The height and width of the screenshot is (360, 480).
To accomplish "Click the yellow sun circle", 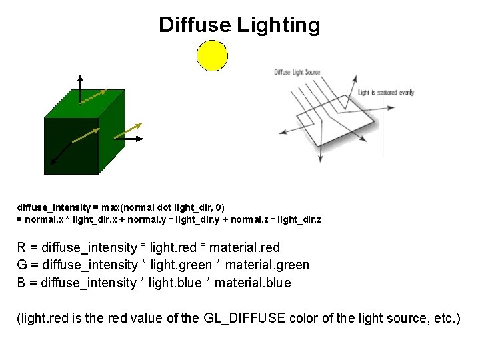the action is click(212, 55).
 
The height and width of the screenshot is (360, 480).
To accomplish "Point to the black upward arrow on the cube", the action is click(80, 87).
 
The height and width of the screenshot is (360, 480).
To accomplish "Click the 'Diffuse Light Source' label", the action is click(297, 72).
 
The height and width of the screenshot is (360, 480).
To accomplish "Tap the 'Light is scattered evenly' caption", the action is click(386, 92).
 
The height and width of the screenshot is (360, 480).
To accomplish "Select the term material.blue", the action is click(257, 283).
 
